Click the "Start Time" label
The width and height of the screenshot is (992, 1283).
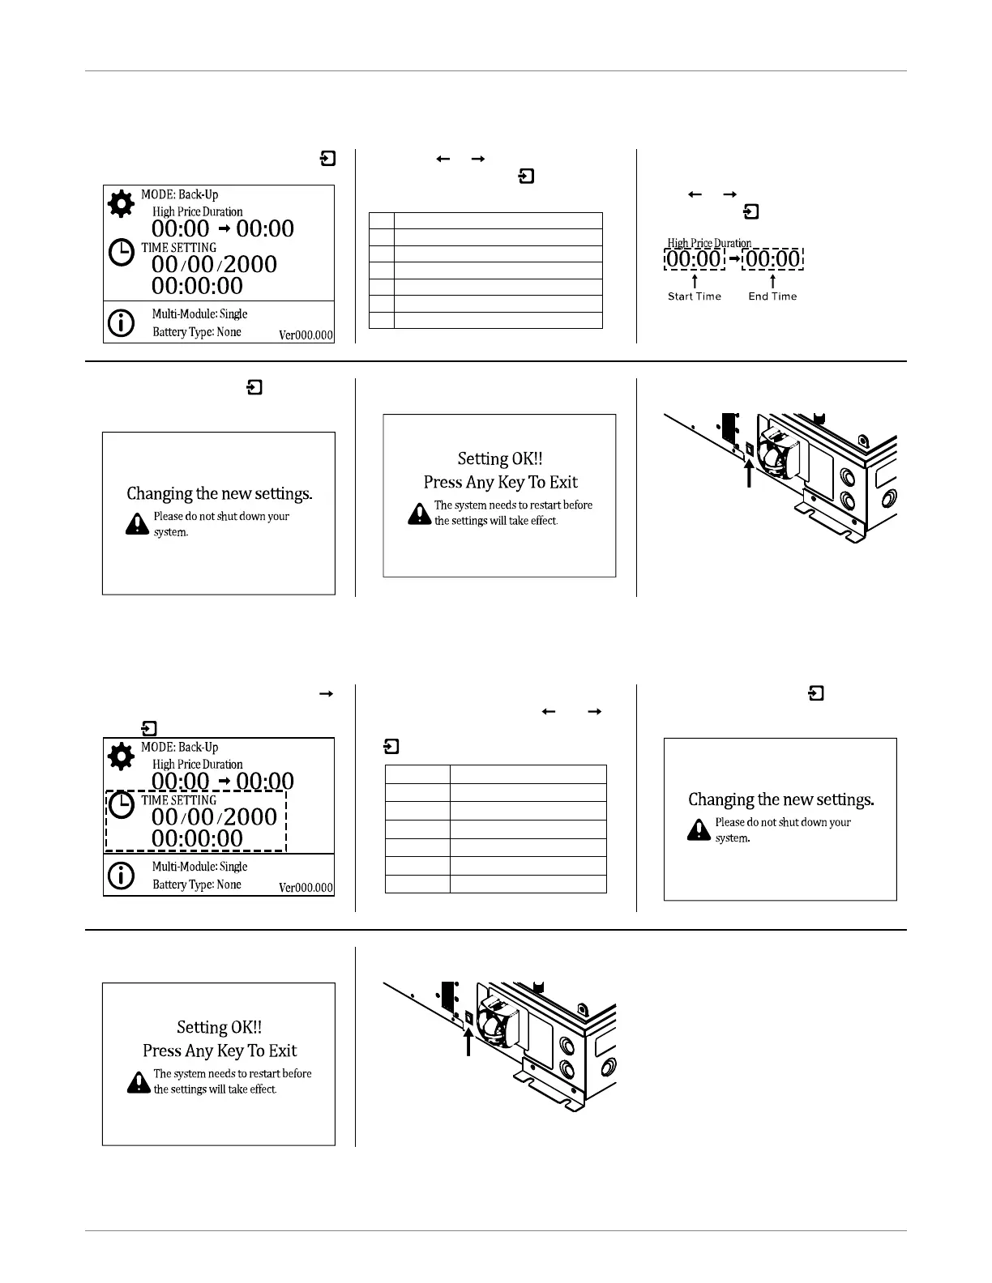point(694,296)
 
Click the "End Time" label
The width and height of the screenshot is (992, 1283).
point(772,296)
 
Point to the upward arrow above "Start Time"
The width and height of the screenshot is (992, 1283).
point(695,280)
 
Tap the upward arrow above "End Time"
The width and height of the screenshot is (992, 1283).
point(772,280)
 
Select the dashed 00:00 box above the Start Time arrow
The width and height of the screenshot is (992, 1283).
point(693,259)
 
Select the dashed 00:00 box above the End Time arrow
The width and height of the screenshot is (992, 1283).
point(773,259)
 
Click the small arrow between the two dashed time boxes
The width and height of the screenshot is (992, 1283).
point(734,259)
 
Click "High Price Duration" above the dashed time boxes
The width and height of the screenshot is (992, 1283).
point(709,243)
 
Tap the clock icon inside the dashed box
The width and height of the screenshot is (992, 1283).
point(122,806)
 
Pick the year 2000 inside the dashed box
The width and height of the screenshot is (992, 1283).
point(250,816)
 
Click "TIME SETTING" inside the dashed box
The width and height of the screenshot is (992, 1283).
point(179,800)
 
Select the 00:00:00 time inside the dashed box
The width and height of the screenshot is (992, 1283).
point(197,838)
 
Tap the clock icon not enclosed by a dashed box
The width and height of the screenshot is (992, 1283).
point(122,253)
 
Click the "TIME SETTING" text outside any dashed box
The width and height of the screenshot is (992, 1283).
point(179,248)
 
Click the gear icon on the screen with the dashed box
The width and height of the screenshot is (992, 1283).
point(121,757)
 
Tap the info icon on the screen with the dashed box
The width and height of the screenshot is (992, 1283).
point(122,876)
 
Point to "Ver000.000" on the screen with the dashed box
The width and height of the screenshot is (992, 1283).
point(306,888)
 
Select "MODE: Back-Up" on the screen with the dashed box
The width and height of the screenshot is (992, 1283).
point(179,747)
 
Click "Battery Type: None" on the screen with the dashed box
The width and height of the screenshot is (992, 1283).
point(197,884)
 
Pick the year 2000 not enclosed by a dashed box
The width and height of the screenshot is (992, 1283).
point(250,264)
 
